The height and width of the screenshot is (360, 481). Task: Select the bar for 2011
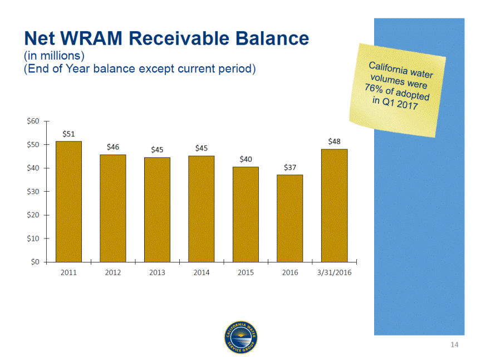pos(68,202)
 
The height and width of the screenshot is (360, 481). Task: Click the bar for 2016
pos(290,218)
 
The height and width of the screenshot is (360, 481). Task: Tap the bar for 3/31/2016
pos(335,206)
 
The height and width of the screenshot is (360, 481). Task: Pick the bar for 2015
pos(246,215)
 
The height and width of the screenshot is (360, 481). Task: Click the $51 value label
pos(68,134)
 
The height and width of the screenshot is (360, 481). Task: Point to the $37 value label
pos(290,167)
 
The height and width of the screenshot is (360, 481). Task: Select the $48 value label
pos(335,142)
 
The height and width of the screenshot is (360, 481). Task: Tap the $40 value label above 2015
pos(246,159)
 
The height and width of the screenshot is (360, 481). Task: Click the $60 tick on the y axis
pos(33,121)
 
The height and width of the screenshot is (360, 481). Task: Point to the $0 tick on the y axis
pos(35,262)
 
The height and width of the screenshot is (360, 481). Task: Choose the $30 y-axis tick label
pos(33,191)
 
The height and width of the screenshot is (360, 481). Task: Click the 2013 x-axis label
pos(157,273)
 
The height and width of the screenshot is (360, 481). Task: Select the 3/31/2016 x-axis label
pos(335,273)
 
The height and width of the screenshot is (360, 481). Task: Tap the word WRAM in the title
pos(91,38)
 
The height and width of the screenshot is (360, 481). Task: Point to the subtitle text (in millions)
pos(54,56)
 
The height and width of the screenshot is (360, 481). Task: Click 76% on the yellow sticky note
pos(374,89)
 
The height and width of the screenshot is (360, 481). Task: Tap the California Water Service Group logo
pos(241,338)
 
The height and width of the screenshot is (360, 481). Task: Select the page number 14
pos(454,344)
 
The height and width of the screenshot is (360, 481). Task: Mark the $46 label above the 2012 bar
pos(113,147)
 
